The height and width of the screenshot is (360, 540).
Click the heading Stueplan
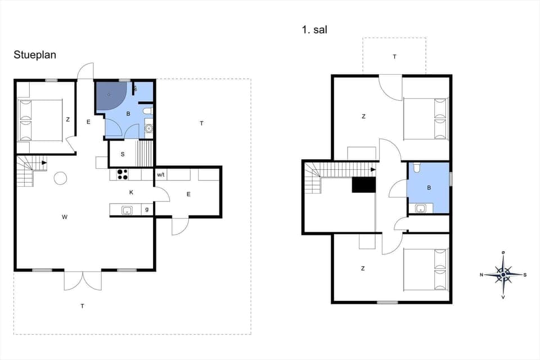tap(35, 55)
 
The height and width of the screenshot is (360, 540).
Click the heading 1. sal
tap(314, 30)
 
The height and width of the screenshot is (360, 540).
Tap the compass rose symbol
tap(503, 274)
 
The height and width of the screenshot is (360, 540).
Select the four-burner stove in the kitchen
tap(122, 174)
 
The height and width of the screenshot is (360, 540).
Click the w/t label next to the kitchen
tap(161, 175)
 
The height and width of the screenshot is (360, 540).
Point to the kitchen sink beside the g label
tap(127, 210)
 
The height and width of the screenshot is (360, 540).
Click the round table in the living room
tap(60, 178)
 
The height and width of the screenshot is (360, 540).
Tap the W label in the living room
tap(65, 216)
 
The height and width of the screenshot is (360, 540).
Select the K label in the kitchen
tap(131, 192)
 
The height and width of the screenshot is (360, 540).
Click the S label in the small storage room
tap(122, 154)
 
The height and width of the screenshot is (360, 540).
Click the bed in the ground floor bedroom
tap(40, 120)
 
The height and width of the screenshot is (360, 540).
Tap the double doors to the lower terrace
tap(83, 280)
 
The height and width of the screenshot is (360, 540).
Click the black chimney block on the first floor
tap(363, 185)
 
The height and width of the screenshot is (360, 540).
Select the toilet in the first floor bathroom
tap(416, 167)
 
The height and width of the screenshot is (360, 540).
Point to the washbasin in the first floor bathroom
tap(420, 209)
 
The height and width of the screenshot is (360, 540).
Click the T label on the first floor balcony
tap(394, 56)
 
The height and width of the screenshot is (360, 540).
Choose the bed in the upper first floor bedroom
tap(426, 119)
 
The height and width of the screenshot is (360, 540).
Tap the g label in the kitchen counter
tap(147, 210)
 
